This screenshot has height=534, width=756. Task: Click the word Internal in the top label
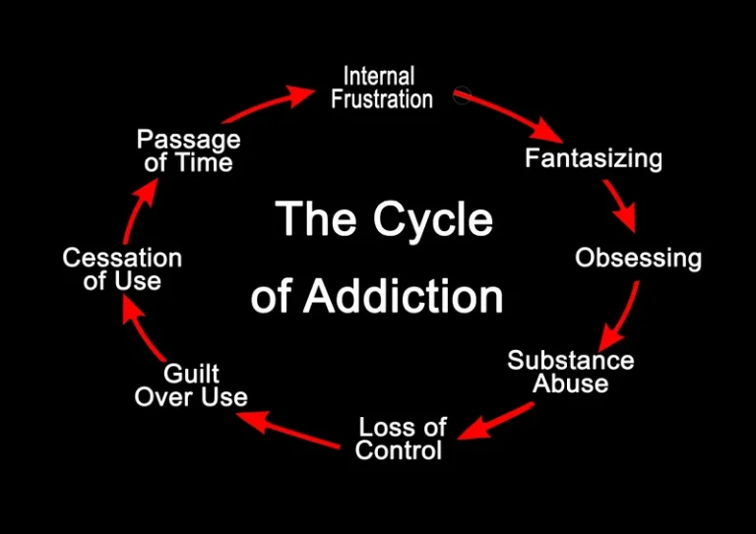pos(379,77)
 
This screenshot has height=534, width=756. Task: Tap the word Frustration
pos(382,99)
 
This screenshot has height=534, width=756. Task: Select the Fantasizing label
pos(594,158)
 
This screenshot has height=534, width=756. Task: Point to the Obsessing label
pos(638,258)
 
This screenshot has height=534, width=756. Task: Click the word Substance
pos(571,360)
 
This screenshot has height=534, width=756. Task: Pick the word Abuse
pos(571,384)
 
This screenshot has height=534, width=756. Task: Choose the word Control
pos(399,449)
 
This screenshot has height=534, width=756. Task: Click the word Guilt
pos(191,374)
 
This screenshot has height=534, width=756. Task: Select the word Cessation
pos(122,258)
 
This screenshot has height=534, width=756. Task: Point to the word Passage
pos(189,140)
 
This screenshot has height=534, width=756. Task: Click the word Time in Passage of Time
pos(204,162)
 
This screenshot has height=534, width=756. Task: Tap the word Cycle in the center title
pos(433,219)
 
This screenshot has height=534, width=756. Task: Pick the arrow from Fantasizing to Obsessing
pos(620,205)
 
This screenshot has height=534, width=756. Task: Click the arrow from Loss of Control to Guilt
pos(287,429)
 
